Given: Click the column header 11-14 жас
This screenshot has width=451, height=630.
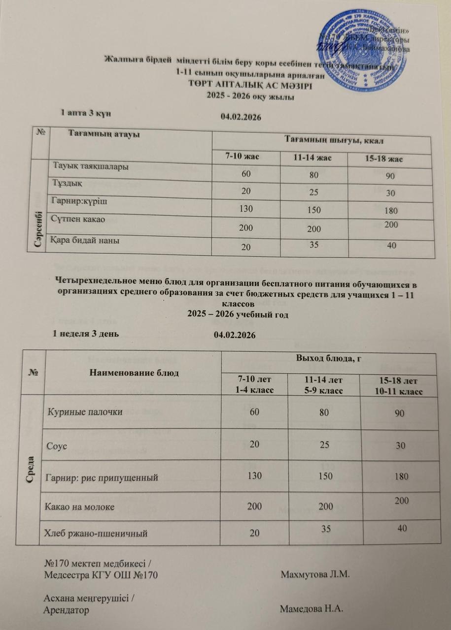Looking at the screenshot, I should pos(312,158).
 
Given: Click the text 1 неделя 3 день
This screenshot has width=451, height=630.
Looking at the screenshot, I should pos(87,332).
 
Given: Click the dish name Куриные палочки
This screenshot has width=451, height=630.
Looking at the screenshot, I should pos(85,412).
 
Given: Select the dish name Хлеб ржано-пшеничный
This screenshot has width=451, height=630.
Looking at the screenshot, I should pos(97,532).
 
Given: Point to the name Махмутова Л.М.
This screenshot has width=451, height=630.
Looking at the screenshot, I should pos(315,575).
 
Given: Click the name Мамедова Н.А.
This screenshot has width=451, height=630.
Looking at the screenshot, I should pos(311,609).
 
